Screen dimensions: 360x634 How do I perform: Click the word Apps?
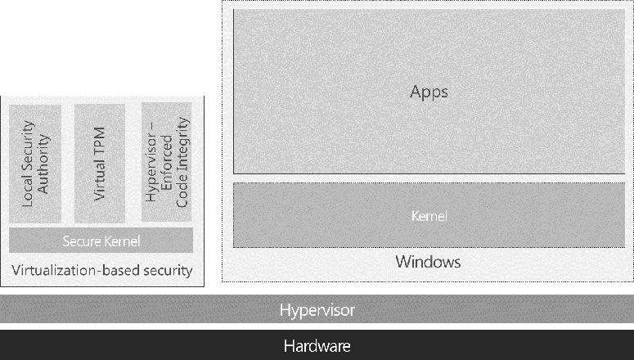point(429,92)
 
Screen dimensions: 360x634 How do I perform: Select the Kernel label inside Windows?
point(429,216)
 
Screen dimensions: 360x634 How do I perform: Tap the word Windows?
point(428,262)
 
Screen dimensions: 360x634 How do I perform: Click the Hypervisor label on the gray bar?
point(317,311)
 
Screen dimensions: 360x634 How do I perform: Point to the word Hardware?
point(317,346)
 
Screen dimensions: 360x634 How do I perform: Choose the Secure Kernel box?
point(101,241)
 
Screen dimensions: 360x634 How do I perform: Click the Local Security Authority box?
point(36,163)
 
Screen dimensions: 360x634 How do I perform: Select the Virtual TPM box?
point(99,163)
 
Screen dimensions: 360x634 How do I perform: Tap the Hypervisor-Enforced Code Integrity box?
point(166,163)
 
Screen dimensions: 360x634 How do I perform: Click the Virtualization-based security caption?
point(101,270)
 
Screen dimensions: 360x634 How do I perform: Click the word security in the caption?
point(164,270)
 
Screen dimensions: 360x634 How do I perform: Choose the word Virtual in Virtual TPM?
point(99,178)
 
